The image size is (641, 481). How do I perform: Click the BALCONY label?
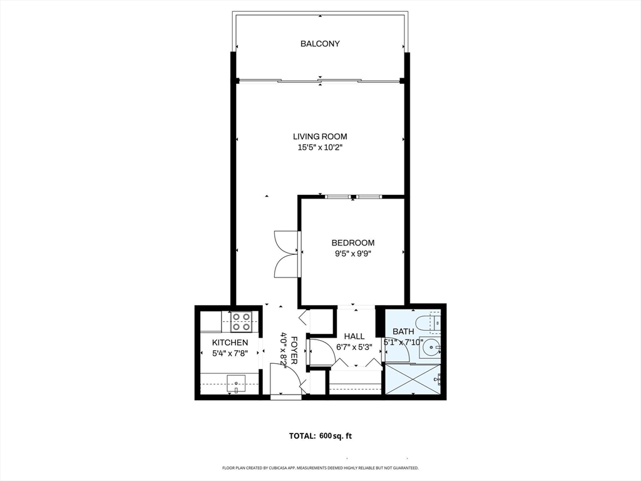320,44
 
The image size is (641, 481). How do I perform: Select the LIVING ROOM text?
320,137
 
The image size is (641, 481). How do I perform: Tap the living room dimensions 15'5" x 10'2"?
320,148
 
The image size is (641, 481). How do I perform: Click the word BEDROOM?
353,243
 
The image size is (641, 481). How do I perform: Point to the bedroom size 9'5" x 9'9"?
353,254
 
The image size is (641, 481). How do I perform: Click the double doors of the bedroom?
286,253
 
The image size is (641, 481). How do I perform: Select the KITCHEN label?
230,343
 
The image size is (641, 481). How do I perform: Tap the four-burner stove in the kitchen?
241,322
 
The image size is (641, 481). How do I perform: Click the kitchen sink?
237,382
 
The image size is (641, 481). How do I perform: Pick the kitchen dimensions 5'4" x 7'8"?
230,353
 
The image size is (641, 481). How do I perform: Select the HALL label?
354,336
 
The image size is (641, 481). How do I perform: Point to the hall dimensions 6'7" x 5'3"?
354,346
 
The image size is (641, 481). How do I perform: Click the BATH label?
403,331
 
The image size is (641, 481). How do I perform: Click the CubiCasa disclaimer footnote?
320,468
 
